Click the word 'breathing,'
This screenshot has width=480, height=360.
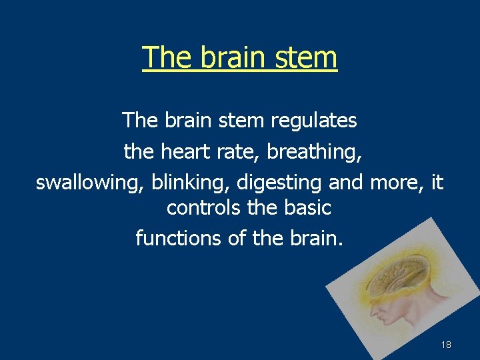[314, 151]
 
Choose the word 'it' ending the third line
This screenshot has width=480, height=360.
[437, 182]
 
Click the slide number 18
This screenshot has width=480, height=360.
[446, 345]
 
